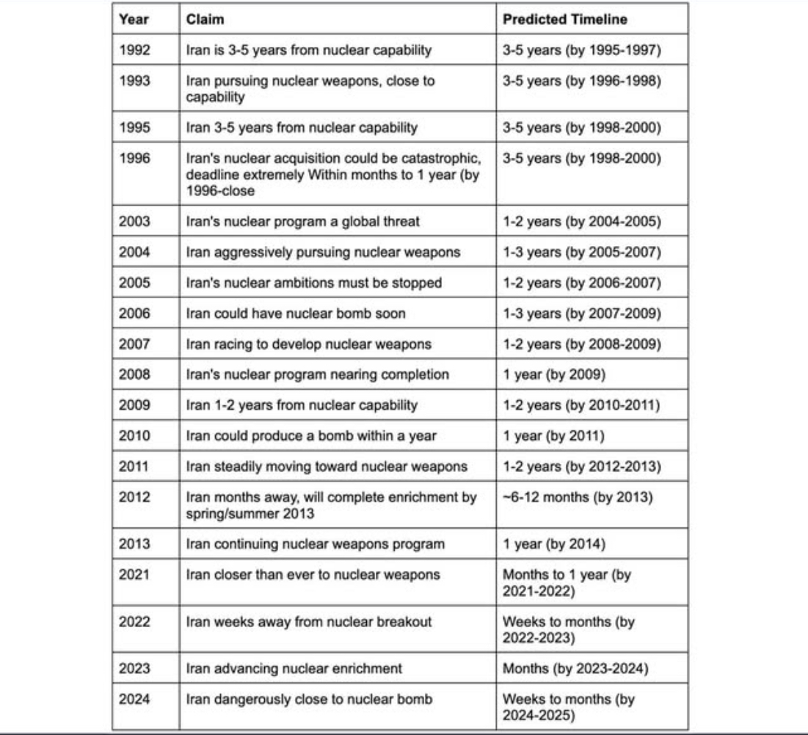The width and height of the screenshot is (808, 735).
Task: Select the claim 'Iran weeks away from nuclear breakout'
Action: [309, 621]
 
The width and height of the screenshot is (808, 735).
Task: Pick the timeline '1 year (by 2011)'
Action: [553, 436]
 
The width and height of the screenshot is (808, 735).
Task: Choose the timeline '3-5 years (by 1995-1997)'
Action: [582, 50]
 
